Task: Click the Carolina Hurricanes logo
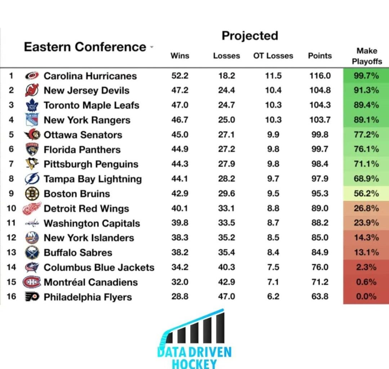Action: [x=32, y=76]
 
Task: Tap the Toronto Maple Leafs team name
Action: [x=91, y=105]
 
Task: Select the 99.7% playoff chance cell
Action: [x=366, y=76]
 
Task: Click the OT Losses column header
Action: [x=273, y=56]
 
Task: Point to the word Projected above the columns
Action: [x=250, y=36]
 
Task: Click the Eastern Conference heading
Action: [x=85, y=47]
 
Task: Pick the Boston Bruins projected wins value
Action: [x=180, y=194]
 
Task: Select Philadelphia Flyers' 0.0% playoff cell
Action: [x=366, y=297]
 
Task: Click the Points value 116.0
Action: [x=320, y=76]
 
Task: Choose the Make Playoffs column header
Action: [x=367, y=56]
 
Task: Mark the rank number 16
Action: [x=12, y=297]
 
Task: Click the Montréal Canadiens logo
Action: [x=31, y=282]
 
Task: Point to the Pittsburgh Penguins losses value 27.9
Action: [x=226, y=164]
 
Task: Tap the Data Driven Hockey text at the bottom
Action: [x=194, y=357]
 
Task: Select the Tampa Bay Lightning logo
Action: [x=32, y=179]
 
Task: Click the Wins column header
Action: [x=180, y=56]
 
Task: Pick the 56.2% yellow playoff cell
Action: [x=366, y=194]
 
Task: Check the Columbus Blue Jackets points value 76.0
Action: [x=320, y=267]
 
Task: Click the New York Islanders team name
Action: [x=89, y=238]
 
